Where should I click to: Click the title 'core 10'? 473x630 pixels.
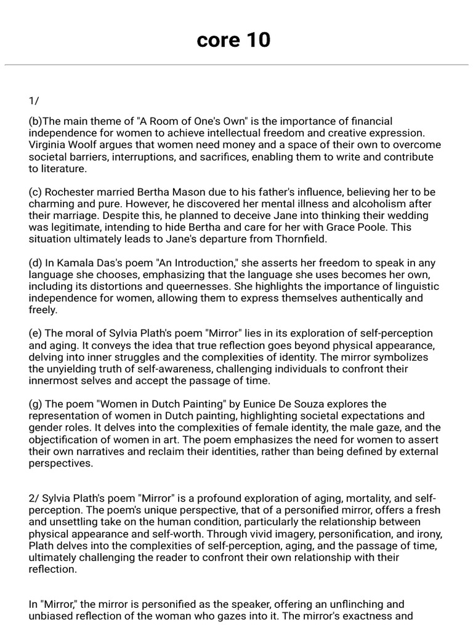point(233,40)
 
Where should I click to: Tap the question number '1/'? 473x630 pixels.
point(34,102)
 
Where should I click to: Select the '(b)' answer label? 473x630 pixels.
point(35,121)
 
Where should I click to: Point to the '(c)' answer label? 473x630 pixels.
point(35,192)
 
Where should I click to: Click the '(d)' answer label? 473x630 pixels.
point(36,263)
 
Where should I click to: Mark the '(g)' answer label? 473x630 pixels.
point(36,404)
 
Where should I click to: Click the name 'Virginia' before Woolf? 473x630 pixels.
point(48,145)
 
